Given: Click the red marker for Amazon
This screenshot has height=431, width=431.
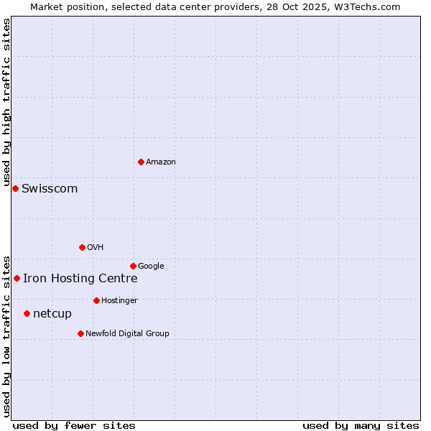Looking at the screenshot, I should pyautogui.click(x=141, y=162).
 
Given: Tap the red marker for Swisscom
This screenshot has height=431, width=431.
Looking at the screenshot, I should pyautogui.click(x=15, y=188).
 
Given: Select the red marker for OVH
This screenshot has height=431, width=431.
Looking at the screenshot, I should pyautogui.click(x=82, y=247).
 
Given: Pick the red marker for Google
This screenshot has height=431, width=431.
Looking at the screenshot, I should pyautogui.click(x=133, y=266).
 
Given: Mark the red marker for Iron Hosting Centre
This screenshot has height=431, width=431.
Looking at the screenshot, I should pyautogui.click(x=17, y=278).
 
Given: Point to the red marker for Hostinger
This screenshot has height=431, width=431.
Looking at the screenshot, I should pyautogui.click(x=96, y=300).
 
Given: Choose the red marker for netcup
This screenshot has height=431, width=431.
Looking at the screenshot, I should pyautogui.click(x=27, y=313).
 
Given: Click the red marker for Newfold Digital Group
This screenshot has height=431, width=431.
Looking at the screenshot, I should pyautogui.click(x=80, y=333).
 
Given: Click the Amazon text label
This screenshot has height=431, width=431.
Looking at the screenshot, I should pyautogui.click(x=161, y=162).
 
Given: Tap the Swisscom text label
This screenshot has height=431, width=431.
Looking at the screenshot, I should pyautogui.click(x=50, y=189).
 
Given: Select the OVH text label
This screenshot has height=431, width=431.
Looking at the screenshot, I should pyautogui.click(x=96, y=248).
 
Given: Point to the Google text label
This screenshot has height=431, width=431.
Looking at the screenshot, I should pyautogui.click(x=151, y=267).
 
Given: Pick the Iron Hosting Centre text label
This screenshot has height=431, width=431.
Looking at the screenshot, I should pyautogui.click(x=80, y=279).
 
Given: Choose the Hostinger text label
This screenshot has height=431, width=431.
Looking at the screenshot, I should pyautogui.click(x=119, y=301).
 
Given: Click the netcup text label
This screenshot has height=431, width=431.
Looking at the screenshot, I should pyautogui.click(x=52, y=314).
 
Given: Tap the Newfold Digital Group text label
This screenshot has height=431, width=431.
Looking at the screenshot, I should pyautogui.click(x=127, y=334).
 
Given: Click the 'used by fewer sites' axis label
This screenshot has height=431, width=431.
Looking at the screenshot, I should pyautogui.click(x=74, y=425).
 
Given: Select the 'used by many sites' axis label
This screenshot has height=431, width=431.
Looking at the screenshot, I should pyautogui.click(x=361, y=425).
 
